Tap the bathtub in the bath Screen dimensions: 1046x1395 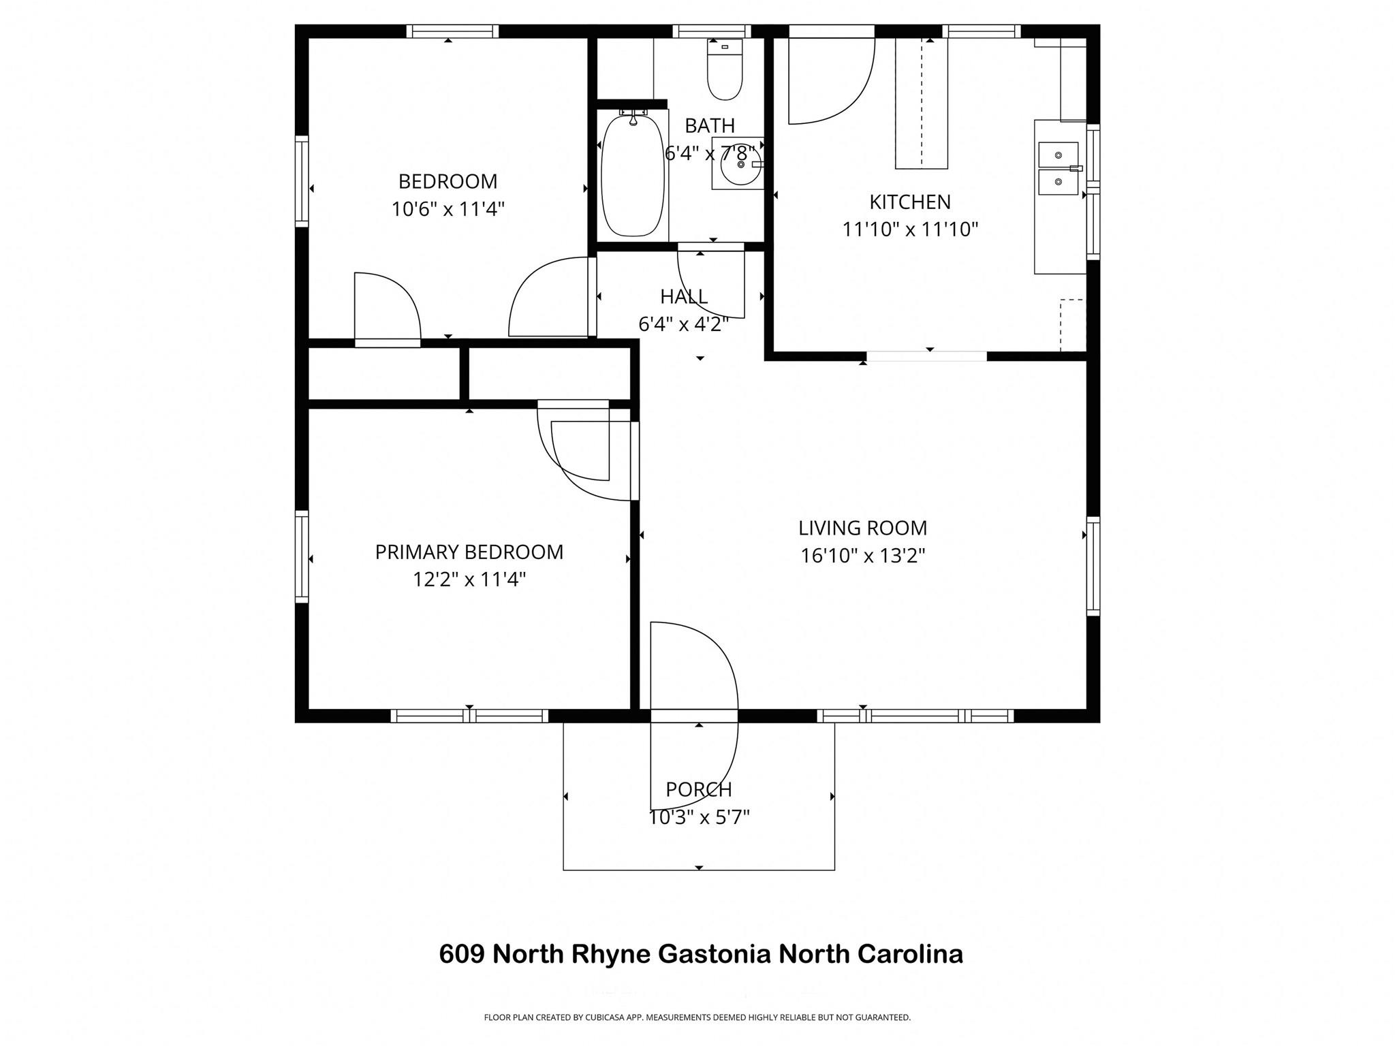pos(632,176)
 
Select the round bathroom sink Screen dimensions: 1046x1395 pos(739,164)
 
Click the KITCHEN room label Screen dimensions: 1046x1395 pos(910,202)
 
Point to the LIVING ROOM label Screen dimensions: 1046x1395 pos(862,528)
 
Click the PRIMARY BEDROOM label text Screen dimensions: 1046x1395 pos(469,552)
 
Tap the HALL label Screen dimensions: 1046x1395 pos(684,297)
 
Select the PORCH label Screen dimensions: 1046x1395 pos(699,790)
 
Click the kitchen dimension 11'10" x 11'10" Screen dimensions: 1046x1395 pos(910,230)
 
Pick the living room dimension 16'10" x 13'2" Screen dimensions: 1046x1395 pos(862,556)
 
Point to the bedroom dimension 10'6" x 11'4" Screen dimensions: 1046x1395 pos(448,209)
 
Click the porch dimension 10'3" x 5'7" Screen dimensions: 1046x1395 pos(699,817)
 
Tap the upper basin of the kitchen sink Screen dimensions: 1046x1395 pos(1058,155)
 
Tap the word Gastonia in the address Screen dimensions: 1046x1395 pos(714,954)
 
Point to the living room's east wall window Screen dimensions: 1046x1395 pos(1093,566)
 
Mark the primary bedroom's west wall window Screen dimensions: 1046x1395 pos(302,556)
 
